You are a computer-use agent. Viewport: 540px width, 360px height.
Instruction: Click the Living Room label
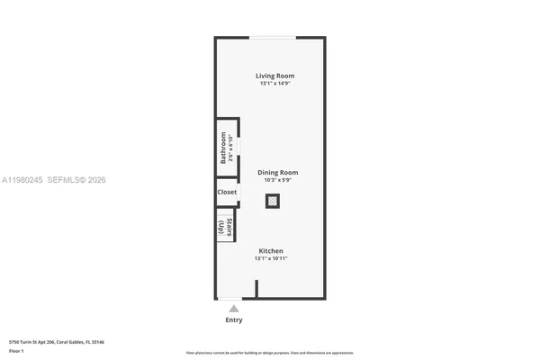(274, 76)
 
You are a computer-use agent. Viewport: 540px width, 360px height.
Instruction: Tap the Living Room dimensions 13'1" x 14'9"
(274, 84)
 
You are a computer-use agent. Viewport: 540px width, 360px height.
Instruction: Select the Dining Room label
(278, 172)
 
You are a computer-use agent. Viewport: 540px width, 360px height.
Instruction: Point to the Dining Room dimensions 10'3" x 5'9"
(278, 180)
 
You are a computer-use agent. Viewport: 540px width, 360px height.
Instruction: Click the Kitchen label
(271, 250)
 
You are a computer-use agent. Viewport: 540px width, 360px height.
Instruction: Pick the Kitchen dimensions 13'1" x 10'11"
(271, 258)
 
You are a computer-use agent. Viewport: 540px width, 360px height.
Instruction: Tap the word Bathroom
(223, 148)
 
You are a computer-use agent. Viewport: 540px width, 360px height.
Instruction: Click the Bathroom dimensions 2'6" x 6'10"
(231, 148)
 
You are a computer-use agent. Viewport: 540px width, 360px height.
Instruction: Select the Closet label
(227, 192)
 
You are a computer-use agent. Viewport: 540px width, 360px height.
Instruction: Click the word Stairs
(230, 225)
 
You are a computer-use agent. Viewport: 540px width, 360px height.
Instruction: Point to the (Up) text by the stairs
(221, 228)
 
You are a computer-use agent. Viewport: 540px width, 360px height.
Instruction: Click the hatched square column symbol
(272, 202)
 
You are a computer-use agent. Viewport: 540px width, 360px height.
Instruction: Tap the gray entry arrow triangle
(233, 309)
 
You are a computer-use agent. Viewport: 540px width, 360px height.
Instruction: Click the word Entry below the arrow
(233, 319)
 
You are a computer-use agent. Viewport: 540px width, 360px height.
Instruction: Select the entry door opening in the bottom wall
(230, 299)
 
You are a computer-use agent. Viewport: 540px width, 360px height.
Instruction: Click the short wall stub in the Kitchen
(256, 289)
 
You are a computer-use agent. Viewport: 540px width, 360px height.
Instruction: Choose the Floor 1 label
(17, 350)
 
